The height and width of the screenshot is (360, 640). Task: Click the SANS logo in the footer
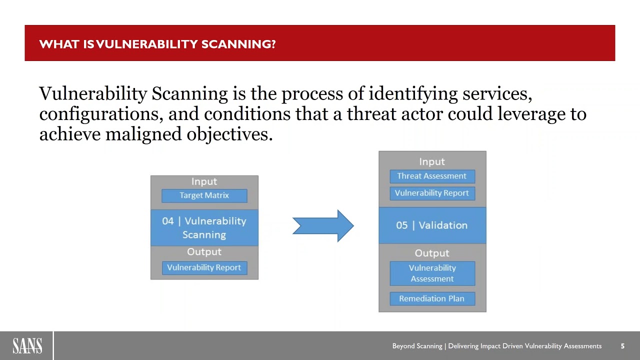(27, 345)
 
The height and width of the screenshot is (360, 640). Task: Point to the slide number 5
(622, 346)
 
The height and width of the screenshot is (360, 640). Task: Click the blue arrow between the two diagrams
(323, 226)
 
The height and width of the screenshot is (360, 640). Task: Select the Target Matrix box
(204, 195)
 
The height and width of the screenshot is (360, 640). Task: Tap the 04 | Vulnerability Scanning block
(204, 228)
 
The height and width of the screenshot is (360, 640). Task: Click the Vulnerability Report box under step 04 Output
(204, 267)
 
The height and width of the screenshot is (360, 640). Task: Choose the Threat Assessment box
(432, 176)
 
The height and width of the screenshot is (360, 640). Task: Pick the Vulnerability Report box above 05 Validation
(432, 193)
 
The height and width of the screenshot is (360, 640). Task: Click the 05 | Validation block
(432, 225)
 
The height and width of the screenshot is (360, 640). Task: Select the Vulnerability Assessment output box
(432, 273)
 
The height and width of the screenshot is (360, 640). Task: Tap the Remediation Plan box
(432, 298)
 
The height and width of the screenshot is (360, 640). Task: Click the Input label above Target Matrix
(204, 181)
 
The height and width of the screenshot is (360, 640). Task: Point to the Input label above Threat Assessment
(432, 161)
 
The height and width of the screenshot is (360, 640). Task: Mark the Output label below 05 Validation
(432, 253)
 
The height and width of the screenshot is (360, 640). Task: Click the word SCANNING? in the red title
(238, 44)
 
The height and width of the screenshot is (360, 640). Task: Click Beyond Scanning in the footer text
(417, 346)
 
